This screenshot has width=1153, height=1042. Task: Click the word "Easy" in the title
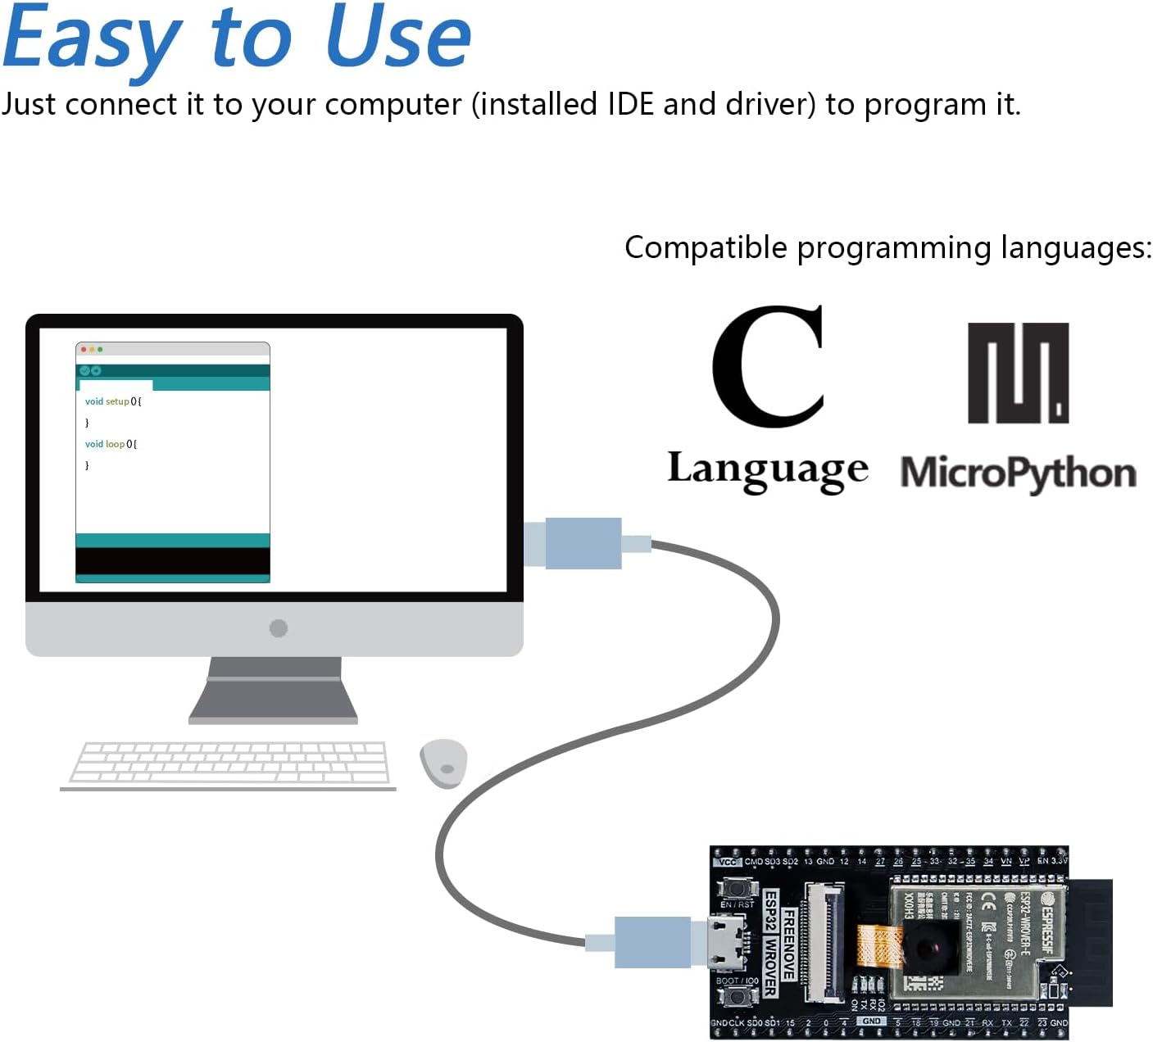click(x=92, y=39)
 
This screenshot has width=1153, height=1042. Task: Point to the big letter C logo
click(x=768, y=366)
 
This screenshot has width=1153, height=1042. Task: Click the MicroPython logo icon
click(x=1018, y=373)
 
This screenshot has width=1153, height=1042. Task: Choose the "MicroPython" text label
click(x=1018, y=473)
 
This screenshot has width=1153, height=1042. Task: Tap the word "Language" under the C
click(x=768, y=470)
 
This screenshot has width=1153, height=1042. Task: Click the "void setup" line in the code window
click(x=113, y=401)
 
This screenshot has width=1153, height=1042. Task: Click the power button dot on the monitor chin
click(x=279, y=628)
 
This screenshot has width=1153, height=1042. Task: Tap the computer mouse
click(x=443, y=763)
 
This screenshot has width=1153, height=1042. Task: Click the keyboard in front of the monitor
click(x=229, y=763)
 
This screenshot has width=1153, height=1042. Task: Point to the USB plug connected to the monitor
click(x=583, y=543)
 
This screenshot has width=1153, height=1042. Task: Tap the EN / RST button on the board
click(x=737, y=888)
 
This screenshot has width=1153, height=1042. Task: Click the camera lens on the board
click(x=930, y=948)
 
